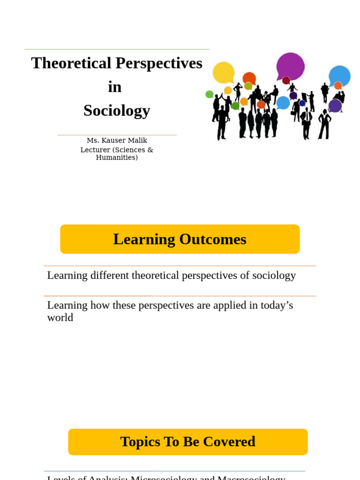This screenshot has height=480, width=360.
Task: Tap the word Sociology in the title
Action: [x=117, y=111]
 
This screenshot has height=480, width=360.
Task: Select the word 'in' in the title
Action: [x=115, y=87]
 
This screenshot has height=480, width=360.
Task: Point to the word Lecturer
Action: [x=96, y=150]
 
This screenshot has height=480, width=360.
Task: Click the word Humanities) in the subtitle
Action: [x=117, y=157]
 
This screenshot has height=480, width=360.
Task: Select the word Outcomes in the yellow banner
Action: [x=212, y=239]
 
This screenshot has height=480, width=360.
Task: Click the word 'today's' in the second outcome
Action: [x=277, y=305]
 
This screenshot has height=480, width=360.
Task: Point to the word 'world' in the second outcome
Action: [x=60, y=318]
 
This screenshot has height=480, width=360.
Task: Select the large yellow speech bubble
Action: [x=224, y=72]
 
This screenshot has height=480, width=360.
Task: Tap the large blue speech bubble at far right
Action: [x=340, y=75]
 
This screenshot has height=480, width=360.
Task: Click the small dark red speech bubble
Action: [x=286, y=80]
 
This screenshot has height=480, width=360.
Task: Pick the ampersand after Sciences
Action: [x=150, y=150]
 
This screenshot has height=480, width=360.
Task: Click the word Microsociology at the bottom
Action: [x=164, y=478]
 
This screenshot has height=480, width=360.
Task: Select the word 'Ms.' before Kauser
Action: [x=92, y=141]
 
